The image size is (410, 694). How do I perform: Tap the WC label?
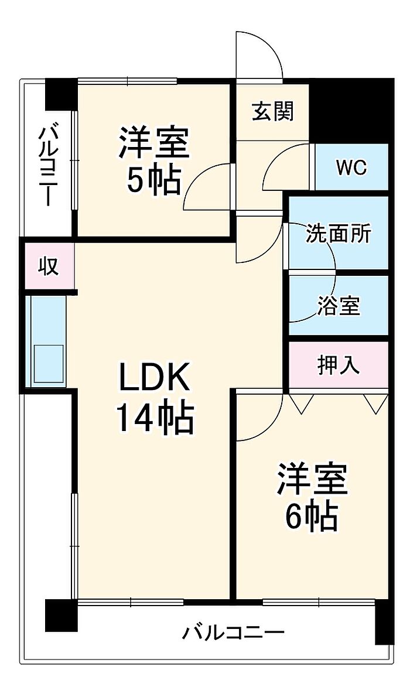(351, 167)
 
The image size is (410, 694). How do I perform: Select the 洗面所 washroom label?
(339, 233)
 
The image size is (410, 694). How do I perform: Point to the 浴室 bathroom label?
(339, 305)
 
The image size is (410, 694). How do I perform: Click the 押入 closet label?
(339, 365)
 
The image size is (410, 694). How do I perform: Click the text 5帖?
(153, 180)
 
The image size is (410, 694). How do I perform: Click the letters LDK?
(155, 378)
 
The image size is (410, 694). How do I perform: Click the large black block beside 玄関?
(351, 111)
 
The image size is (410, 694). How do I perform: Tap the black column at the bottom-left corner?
(61, 615)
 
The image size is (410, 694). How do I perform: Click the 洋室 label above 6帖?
(312, 479)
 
